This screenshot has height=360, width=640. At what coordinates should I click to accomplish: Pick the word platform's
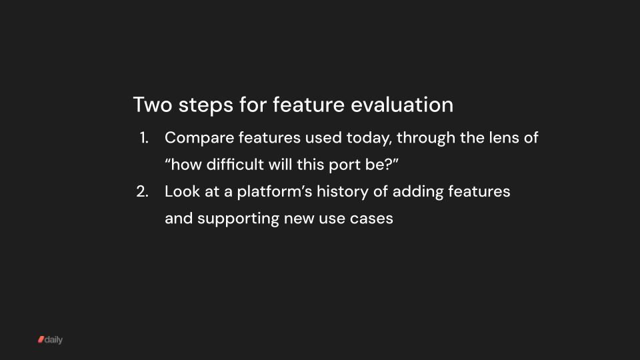[266, 191]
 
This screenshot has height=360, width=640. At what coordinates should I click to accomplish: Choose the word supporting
[239, 218]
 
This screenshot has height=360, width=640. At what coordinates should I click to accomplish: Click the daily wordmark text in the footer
[53, 340]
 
